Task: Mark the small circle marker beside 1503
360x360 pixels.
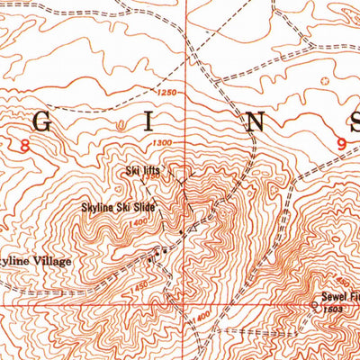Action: (x=313, y=305)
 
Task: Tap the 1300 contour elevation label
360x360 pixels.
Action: (x=163, y=142)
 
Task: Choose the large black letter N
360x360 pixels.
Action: (x=252, y=123)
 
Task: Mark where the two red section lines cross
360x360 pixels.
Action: (x=186, y=304)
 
